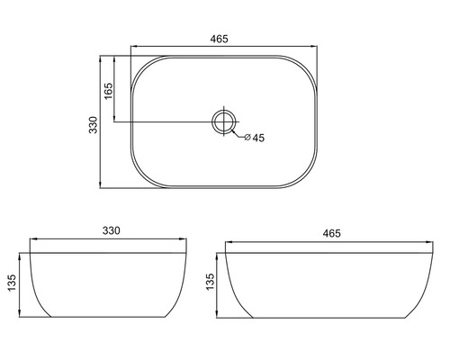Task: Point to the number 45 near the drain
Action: coord(257,138)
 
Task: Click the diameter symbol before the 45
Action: coord(246,138)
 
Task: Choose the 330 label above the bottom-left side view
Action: coord(110,232)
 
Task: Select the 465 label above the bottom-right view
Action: coord(330,233)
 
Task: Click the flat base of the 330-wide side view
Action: coord(110,317)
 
